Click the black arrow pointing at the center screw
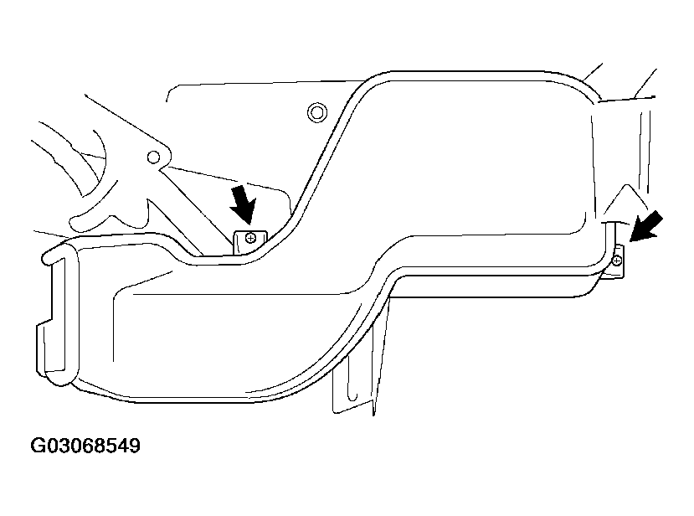(244, 204)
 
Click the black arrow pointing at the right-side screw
(646, 227)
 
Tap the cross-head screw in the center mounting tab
(250, 238)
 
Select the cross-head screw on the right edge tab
(617, 261)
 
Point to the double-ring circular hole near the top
(317, 112)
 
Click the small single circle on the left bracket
(153, 157)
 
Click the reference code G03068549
(85, 446)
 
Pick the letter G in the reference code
(38, 446)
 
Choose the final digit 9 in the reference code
(135, 446)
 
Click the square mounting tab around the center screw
(250, 242)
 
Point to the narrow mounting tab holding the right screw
(619, 261)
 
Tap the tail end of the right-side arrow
(661, 214)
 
